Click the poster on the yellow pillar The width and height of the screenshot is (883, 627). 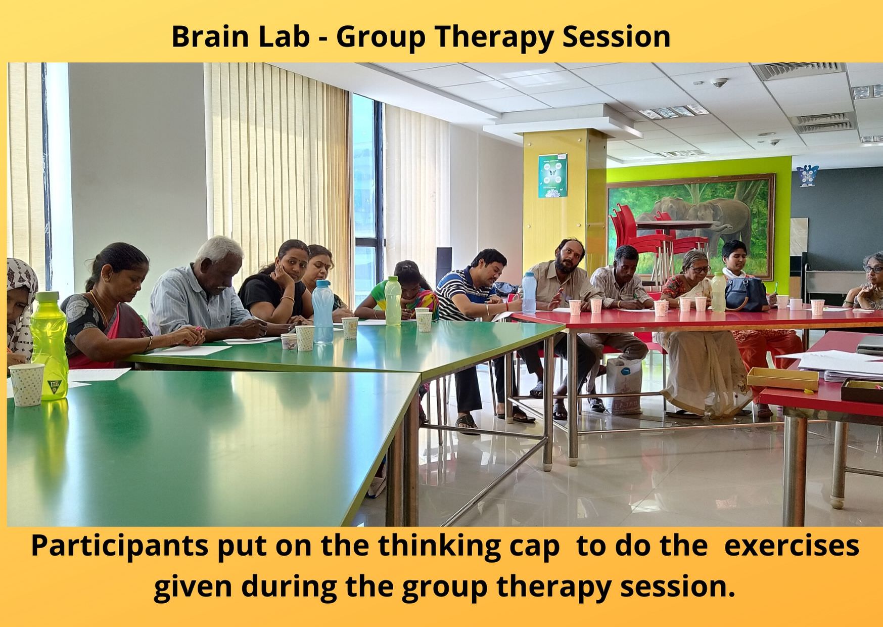552,175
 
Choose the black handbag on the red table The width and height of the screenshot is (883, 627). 746,294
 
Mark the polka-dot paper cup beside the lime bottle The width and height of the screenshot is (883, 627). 27,384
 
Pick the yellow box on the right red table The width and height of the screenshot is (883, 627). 782,378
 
